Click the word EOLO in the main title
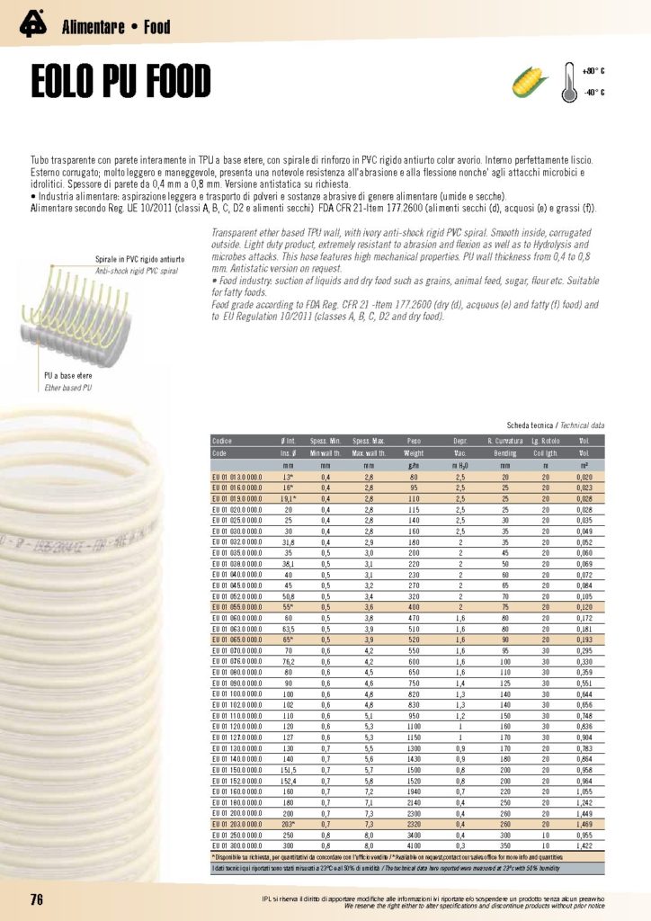pyautogui.click(x=71, y=83)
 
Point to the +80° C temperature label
pyautogui.click(x=593, y=70)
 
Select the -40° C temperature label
pyautogui.click(x=593, y=92)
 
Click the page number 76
pyautogui.click(x=37, y=900)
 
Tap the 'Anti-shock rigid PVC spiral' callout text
pyautogui.click(x=140, y=269)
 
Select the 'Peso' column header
pyautogui.click(x=414, y=443)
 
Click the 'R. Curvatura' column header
pyautogui.click(x=505, y=443)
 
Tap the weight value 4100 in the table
pyautogui.click(x=414, y=845)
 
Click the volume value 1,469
pyautogui.click(x=584, y=824)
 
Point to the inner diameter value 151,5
pyautogui.click(x=290, y=770)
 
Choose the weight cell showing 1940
pyautogui.click(x=414, y=791)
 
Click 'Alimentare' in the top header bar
pyautogui.click(x=93, y=27)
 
